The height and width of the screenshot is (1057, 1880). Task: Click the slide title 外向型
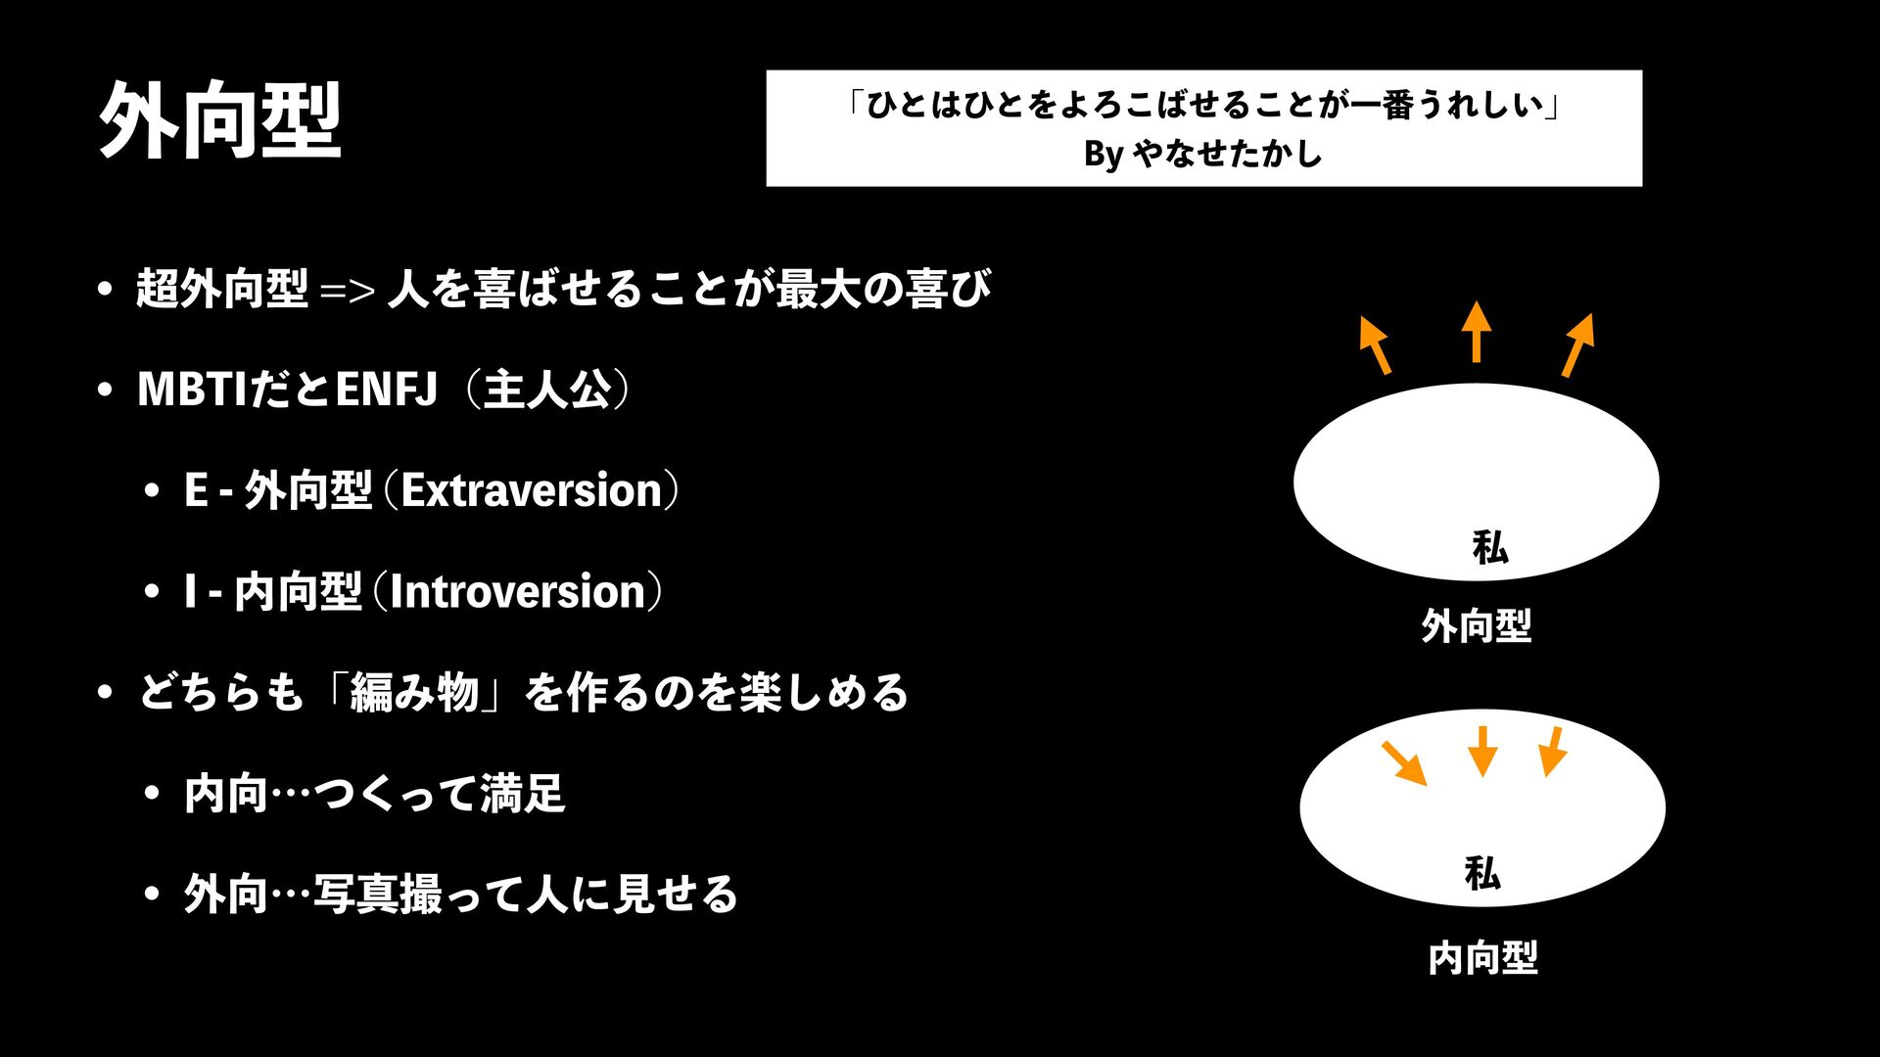pos(220,120)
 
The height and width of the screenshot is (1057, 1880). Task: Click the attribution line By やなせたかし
pos(1202,154)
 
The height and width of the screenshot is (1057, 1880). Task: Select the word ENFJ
pos(386,389)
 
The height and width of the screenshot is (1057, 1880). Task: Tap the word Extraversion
pos(532,490)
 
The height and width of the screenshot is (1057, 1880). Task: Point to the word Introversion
pos(518,592)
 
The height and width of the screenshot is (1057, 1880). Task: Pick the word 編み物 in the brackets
pos(414,693)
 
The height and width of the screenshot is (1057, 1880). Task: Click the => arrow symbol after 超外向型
pos(348,291)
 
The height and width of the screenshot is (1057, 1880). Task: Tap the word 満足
pos(522,794)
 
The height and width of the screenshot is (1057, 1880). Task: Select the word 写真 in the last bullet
pos(355,895)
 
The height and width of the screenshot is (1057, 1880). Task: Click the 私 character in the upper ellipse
pos(1489,547)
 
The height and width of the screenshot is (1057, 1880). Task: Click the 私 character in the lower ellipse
pos(1481,872)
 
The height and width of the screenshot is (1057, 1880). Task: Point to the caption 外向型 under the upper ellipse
pos(1476,625)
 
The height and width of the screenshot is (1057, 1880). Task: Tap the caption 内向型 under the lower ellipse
pos(1482,957)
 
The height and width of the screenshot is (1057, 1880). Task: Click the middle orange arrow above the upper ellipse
pos(1477,333)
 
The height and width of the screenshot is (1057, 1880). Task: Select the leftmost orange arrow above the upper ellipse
pos(1375,345)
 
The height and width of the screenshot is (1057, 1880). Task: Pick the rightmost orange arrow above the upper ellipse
pos(1578,345)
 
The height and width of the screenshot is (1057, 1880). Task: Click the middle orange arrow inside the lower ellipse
pos(1482,751)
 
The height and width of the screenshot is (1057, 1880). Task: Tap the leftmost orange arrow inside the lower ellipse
pos(1404,763)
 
